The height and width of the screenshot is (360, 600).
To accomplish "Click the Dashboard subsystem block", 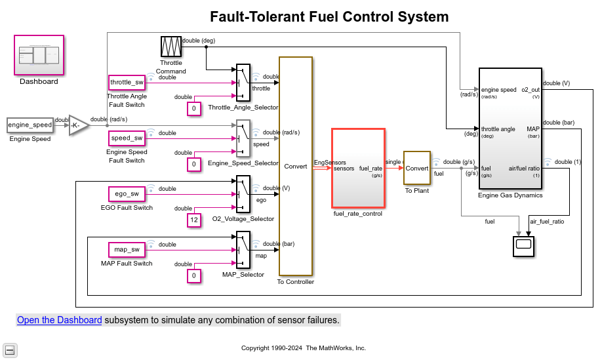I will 39,55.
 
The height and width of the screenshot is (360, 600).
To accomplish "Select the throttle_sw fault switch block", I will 127,83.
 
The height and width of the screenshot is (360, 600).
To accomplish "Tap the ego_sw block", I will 127,193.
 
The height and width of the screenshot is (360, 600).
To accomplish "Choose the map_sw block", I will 127,249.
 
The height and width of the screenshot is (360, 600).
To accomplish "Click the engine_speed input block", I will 30,125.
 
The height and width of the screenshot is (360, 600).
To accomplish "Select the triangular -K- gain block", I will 78,125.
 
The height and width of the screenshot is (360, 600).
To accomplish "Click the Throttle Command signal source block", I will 170,47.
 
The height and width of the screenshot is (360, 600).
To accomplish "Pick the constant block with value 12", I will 193,220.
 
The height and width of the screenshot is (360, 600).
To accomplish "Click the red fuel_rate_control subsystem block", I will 358,168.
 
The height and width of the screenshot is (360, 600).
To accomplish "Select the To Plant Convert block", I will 416,168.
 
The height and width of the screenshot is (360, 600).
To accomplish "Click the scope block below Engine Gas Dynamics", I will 523,245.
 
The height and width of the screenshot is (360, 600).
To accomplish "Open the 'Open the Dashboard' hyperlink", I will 59,320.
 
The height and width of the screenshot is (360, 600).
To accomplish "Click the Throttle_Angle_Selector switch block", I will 243,83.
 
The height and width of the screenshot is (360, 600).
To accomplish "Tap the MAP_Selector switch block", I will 243,249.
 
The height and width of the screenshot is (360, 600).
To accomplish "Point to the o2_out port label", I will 530,90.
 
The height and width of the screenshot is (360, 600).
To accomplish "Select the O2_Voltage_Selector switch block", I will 243,193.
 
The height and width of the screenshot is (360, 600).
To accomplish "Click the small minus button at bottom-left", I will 10,350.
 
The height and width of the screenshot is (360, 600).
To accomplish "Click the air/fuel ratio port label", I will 524,169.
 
